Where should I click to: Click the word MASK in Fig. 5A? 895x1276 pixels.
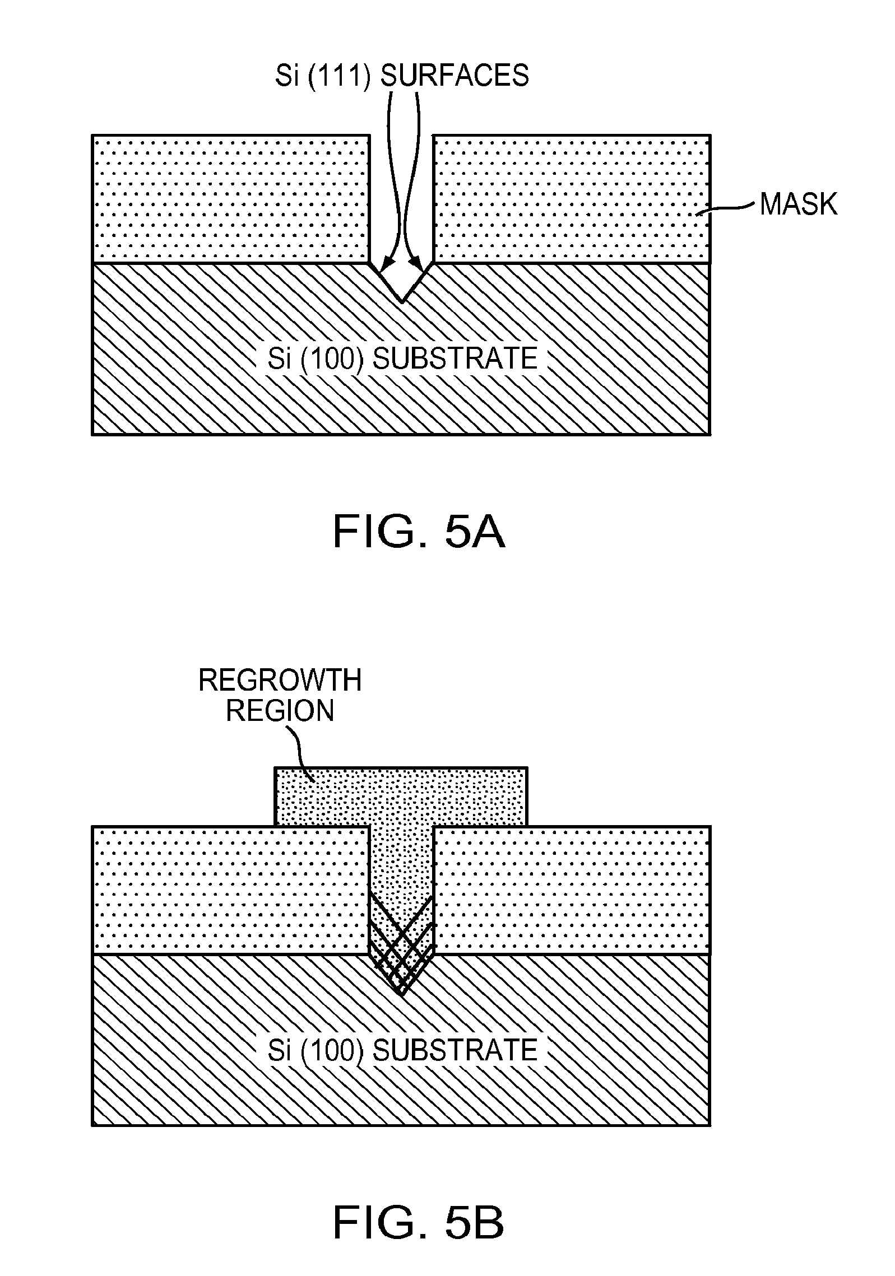798,204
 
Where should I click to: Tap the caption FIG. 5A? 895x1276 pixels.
419,532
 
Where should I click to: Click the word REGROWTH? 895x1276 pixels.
280,681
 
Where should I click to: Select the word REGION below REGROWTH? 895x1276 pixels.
280,711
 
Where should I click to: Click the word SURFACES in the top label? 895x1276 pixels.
455,75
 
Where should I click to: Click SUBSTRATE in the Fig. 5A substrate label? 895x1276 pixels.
455,358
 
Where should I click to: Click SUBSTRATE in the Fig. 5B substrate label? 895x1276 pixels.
455,1050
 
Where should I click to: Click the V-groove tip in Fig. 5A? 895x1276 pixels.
401,301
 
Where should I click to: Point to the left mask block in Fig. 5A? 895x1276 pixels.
230,199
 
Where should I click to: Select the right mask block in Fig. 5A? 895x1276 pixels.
572,199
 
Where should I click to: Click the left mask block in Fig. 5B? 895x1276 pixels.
230,891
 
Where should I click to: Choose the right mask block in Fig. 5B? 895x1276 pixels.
572,891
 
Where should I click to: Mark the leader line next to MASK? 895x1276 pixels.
727,209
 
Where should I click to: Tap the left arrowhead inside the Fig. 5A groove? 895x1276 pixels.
385,265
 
